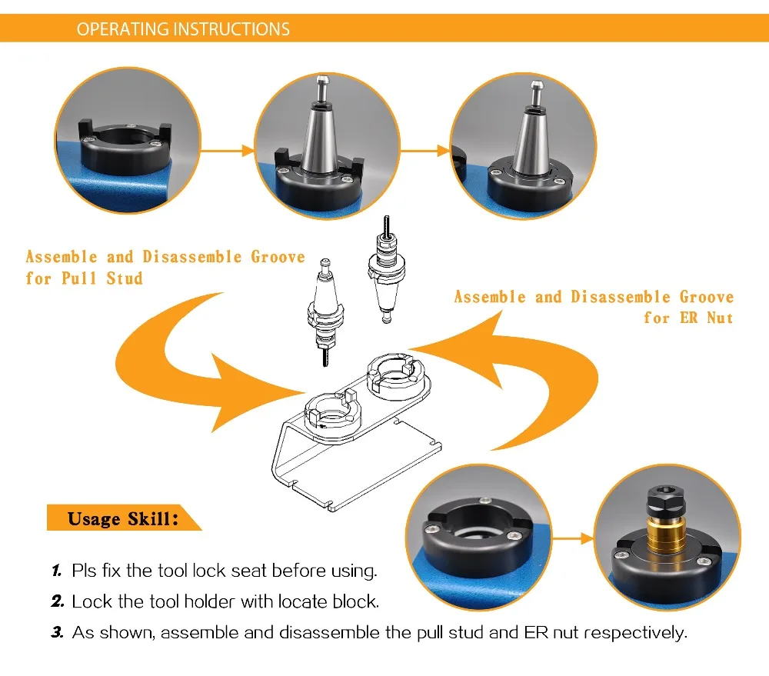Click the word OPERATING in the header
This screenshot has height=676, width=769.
[x=122, y=29]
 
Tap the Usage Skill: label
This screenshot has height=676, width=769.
[x=122, y=518]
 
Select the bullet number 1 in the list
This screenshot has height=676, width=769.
[x=57, y=571]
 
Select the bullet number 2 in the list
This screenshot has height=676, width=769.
[x=58, y=601]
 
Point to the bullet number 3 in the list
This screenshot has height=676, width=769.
[x=58, y=632]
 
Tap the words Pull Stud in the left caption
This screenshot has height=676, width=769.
[x=102, y=278]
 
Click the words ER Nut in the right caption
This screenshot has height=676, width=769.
[x=706, y=318]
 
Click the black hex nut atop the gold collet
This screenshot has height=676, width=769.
[x=665, y=502]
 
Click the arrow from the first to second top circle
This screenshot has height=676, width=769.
[x=228, y=151]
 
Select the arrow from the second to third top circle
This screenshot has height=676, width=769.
[x=425, y=151]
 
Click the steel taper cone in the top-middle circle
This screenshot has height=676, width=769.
[x=321, y=138]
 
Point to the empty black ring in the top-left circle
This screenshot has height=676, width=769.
[x=125, y=147]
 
